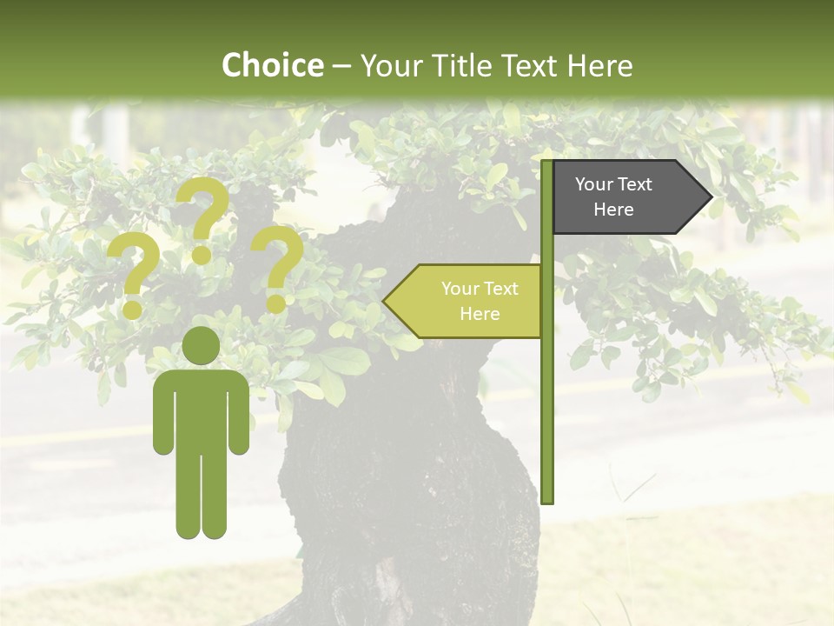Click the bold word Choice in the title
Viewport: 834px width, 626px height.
[272, 65]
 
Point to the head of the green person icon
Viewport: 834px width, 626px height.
[202, 346]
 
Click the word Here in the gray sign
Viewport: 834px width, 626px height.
[613, 210]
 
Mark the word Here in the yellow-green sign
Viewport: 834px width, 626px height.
[480, 314]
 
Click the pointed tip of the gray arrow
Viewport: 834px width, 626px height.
[710, 197]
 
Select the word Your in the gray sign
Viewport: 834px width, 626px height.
[594, 184]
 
